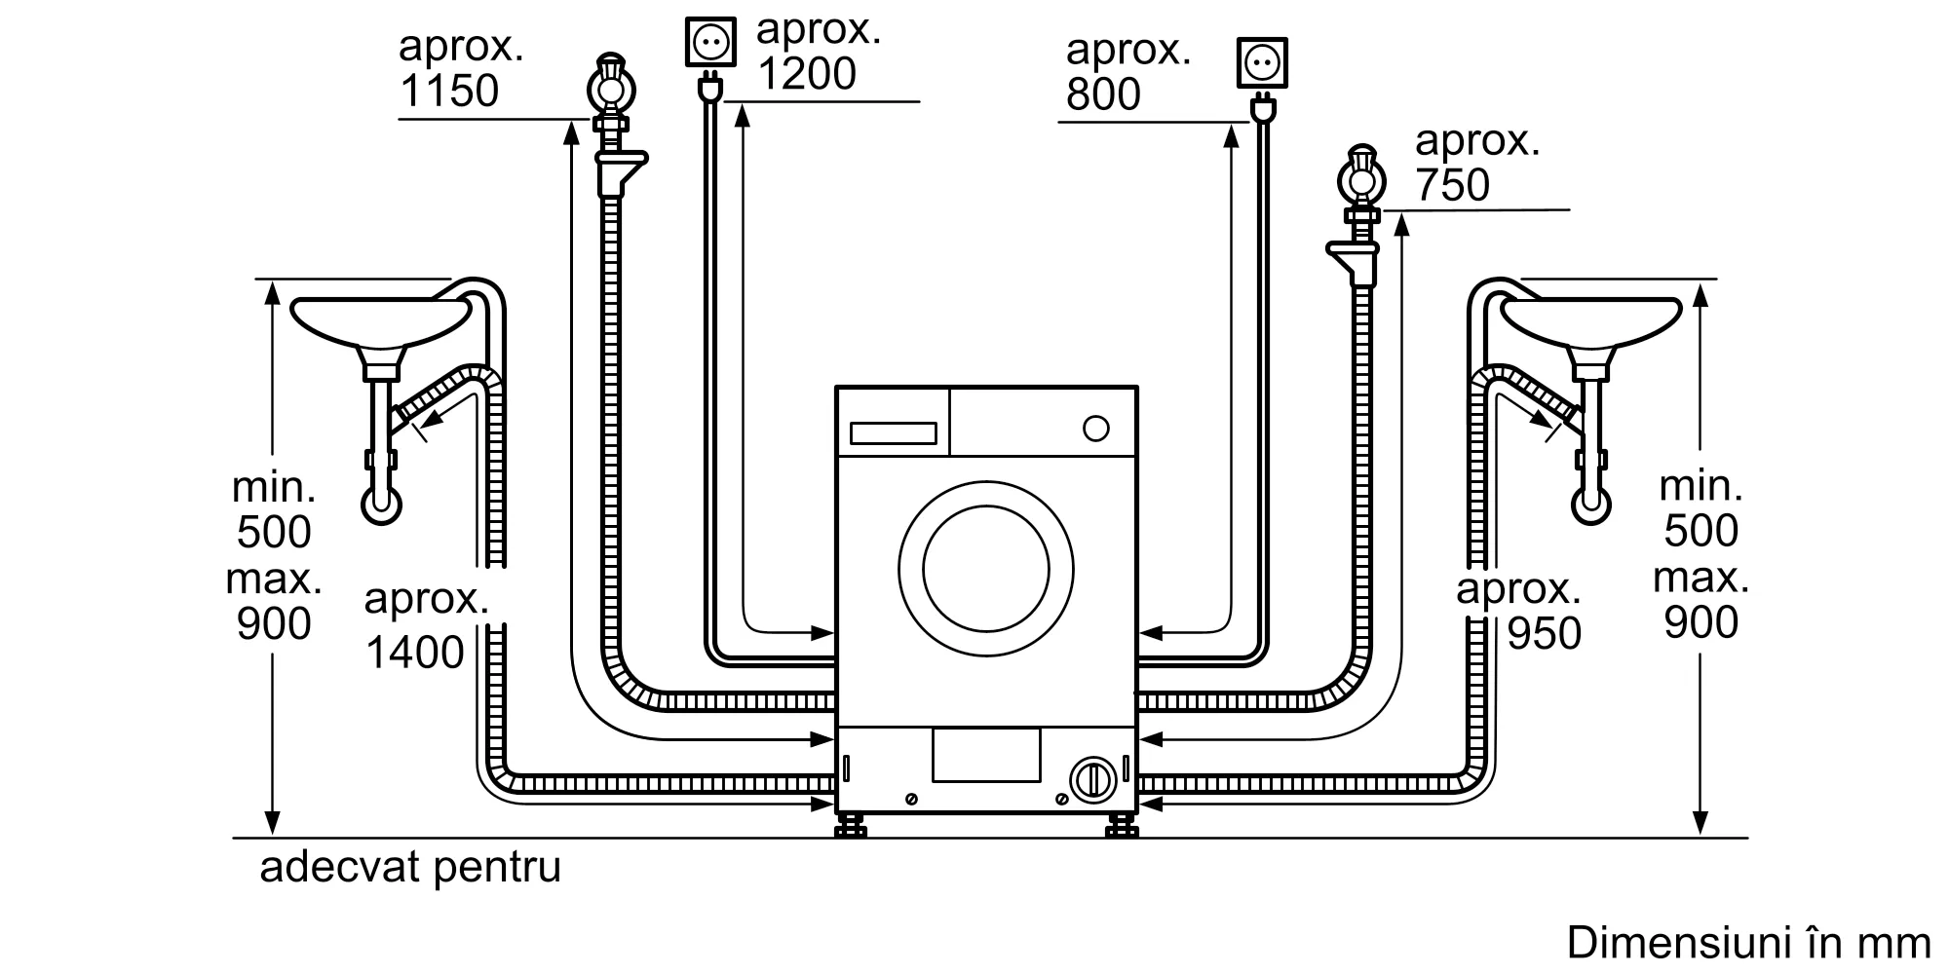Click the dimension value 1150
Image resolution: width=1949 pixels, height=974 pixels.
click(449, 91)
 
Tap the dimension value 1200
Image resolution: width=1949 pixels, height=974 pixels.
click(807, 73)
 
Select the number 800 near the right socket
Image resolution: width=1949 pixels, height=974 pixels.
click(1103, 94)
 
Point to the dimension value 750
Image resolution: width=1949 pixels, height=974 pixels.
click(1452, 185)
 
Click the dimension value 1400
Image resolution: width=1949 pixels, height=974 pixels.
click(415, 653)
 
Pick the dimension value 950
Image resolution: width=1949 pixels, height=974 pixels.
click(1545, 634)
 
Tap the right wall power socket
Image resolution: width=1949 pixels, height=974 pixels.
click(1262, 63)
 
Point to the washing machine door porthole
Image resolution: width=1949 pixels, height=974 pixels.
click(986, 568)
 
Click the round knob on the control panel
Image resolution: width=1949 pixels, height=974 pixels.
click(1096, 429)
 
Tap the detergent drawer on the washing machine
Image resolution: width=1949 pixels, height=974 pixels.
click(894, 433)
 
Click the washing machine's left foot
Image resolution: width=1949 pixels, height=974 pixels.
click(851, 826)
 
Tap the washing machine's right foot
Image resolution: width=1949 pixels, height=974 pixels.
click(1123, 826)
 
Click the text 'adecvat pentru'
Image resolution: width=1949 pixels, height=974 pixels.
click(410, 867)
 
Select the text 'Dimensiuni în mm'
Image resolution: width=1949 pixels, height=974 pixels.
click(1748, 942)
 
